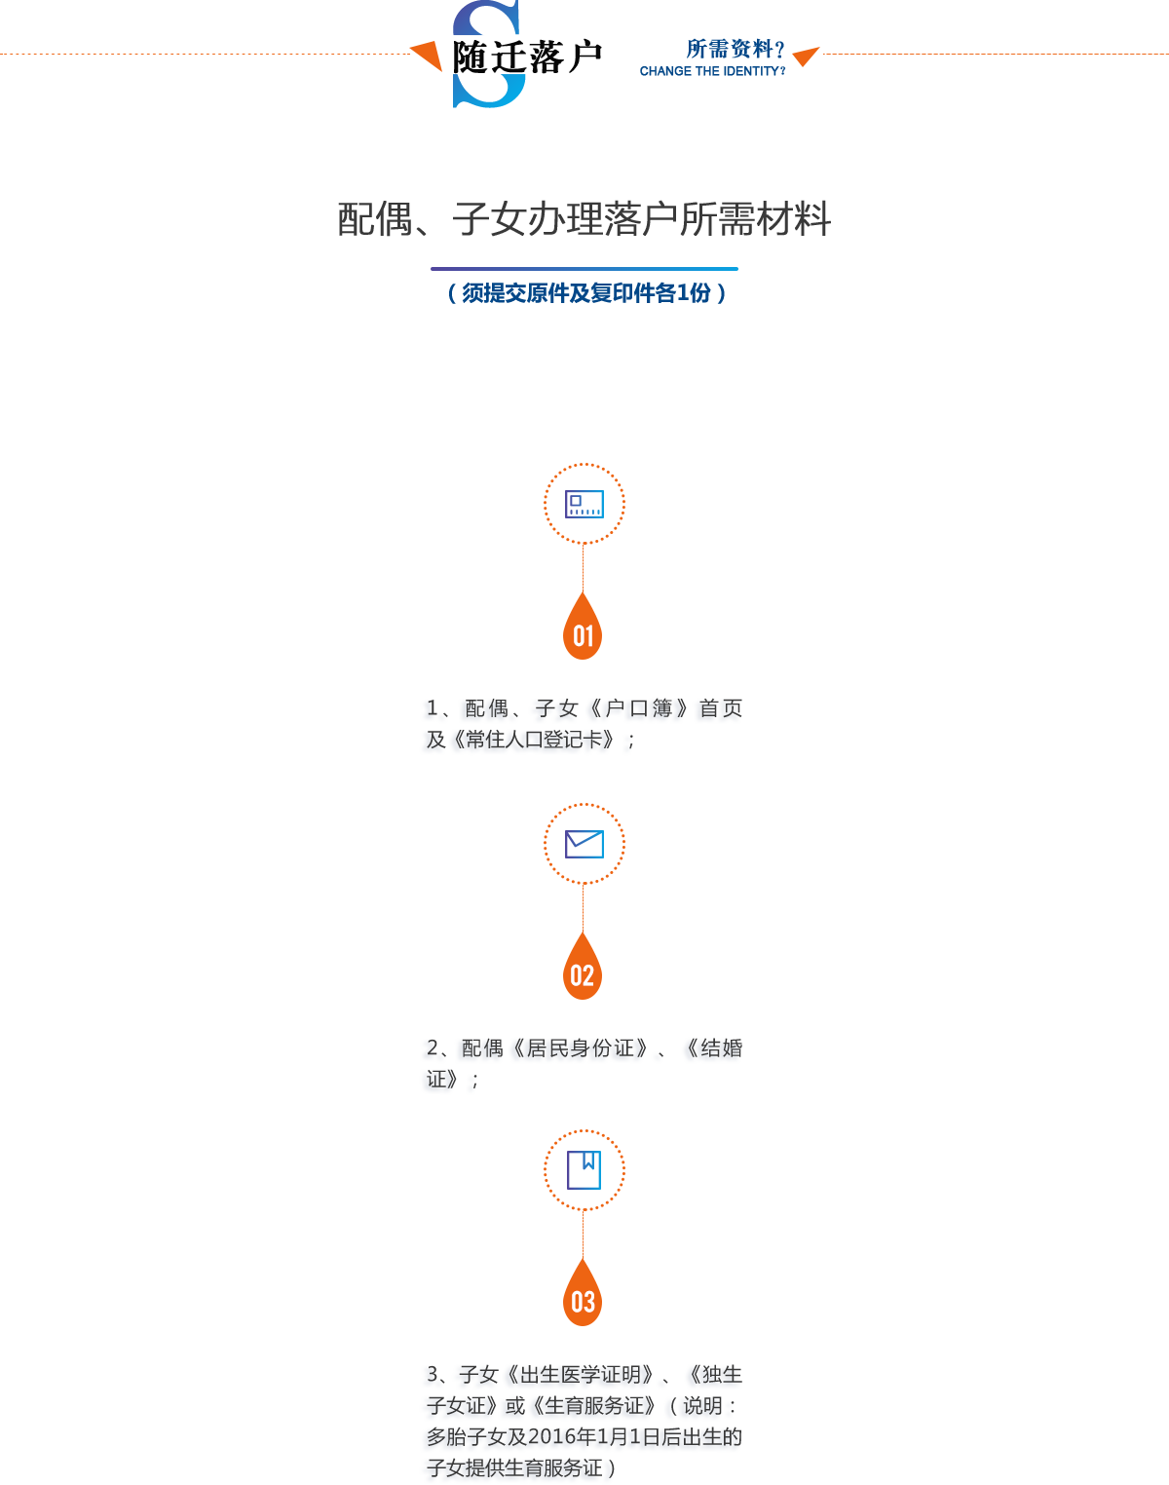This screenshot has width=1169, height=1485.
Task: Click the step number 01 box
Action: (583, 626)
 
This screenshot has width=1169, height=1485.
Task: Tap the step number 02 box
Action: (583, 966)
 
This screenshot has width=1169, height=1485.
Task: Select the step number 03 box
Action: (583, 1292)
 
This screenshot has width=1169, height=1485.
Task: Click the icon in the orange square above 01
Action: (584, 505)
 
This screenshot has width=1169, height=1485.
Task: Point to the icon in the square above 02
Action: (584, 845)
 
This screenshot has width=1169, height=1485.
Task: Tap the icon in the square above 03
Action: (584, 1171)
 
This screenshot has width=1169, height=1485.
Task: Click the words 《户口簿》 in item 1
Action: (638, 708)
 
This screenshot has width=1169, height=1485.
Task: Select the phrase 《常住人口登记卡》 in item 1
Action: (532, 739)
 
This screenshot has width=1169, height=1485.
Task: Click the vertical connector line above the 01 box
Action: (583, 568)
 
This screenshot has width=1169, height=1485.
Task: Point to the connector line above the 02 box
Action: (583, 908)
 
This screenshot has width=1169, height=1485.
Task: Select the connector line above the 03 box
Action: (583, 1235)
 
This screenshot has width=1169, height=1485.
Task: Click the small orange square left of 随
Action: (426, 57)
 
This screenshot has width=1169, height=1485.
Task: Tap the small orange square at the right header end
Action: (807, 57)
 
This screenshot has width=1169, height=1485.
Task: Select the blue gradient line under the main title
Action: (584, 269)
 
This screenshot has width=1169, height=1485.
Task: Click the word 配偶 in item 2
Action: (482, 1048)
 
